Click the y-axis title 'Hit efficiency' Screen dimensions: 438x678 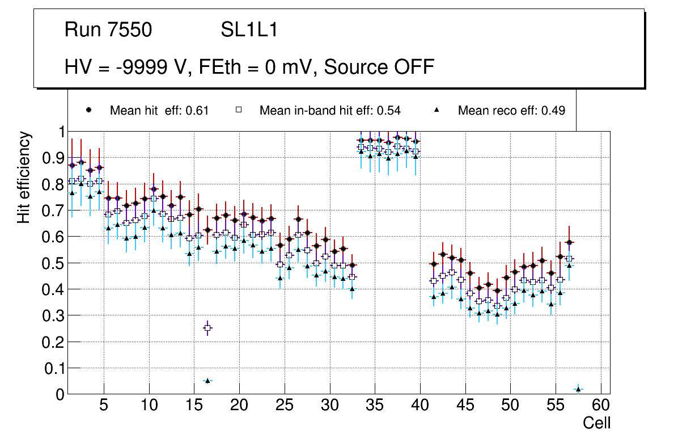coord(24,178)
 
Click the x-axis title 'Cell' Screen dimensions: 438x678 coord(596,423)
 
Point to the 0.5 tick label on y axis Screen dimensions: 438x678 coord(53,263)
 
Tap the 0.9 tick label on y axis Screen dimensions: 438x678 coord(53,158)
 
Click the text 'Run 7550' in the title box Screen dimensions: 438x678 coord(108,30)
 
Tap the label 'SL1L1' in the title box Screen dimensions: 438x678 coord(249,30)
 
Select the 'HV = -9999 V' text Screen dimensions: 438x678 coord(131,68)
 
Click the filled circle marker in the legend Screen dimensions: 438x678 coord(88,110)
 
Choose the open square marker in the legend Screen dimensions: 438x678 coord(239,110)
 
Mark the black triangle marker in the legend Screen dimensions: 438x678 coord(438,110)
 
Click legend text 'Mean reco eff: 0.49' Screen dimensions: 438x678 coord(511,111)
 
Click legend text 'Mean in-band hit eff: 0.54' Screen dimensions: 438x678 coord(330,111)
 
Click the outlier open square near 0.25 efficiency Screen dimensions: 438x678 coord(207,328)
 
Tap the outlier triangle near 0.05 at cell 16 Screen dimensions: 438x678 coord(207,381)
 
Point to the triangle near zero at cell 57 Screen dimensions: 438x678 coord(578,389)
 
